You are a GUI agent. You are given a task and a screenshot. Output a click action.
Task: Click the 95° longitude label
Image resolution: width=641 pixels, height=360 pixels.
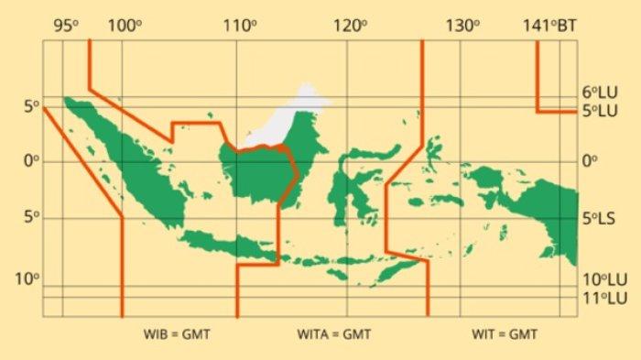point(64,25)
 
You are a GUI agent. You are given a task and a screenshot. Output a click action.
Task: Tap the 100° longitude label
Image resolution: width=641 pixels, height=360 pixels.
point(125,25)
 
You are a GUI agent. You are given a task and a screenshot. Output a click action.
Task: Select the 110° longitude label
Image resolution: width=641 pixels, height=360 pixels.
point(240,25)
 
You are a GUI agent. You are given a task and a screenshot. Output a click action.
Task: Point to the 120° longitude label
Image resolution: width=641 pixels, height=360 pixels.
point(349,25)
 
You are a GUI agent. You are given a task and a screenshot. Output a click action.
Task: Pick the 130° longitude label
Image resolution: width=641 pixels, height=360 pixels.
point(463,25)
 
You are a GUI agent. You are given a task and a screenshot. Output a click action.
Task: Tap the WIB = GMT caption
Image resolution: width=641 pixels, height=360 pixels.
point(178,334)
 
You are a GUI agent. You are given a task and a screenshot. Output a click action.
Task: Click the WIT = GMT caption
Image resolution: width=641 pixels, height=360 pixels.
point(505,334)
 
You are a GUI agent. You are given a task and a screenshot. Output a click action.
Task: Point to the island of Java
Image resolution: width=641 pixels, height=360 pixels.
point(229,245)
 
